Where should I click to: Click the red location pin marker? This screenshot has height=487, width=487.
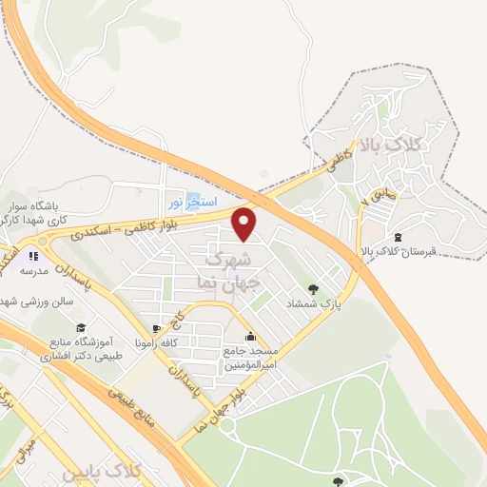click(x=245, y=224)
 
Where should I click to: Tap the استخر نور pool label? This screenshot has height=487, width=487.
click(x=193, y=203)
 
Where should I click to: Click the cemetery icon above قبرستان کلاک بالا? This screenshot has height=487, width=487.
click(x=398, y=237)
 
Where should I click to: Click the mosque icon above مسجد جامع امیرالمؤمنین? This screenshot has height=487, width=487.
click(x=250, y=336)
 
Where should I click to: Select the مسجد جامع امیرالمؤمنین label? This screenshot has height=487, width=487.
click(x=249, y=356)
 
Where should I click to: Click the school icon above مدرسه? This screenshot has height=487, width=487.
click(x=32, y=255)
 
